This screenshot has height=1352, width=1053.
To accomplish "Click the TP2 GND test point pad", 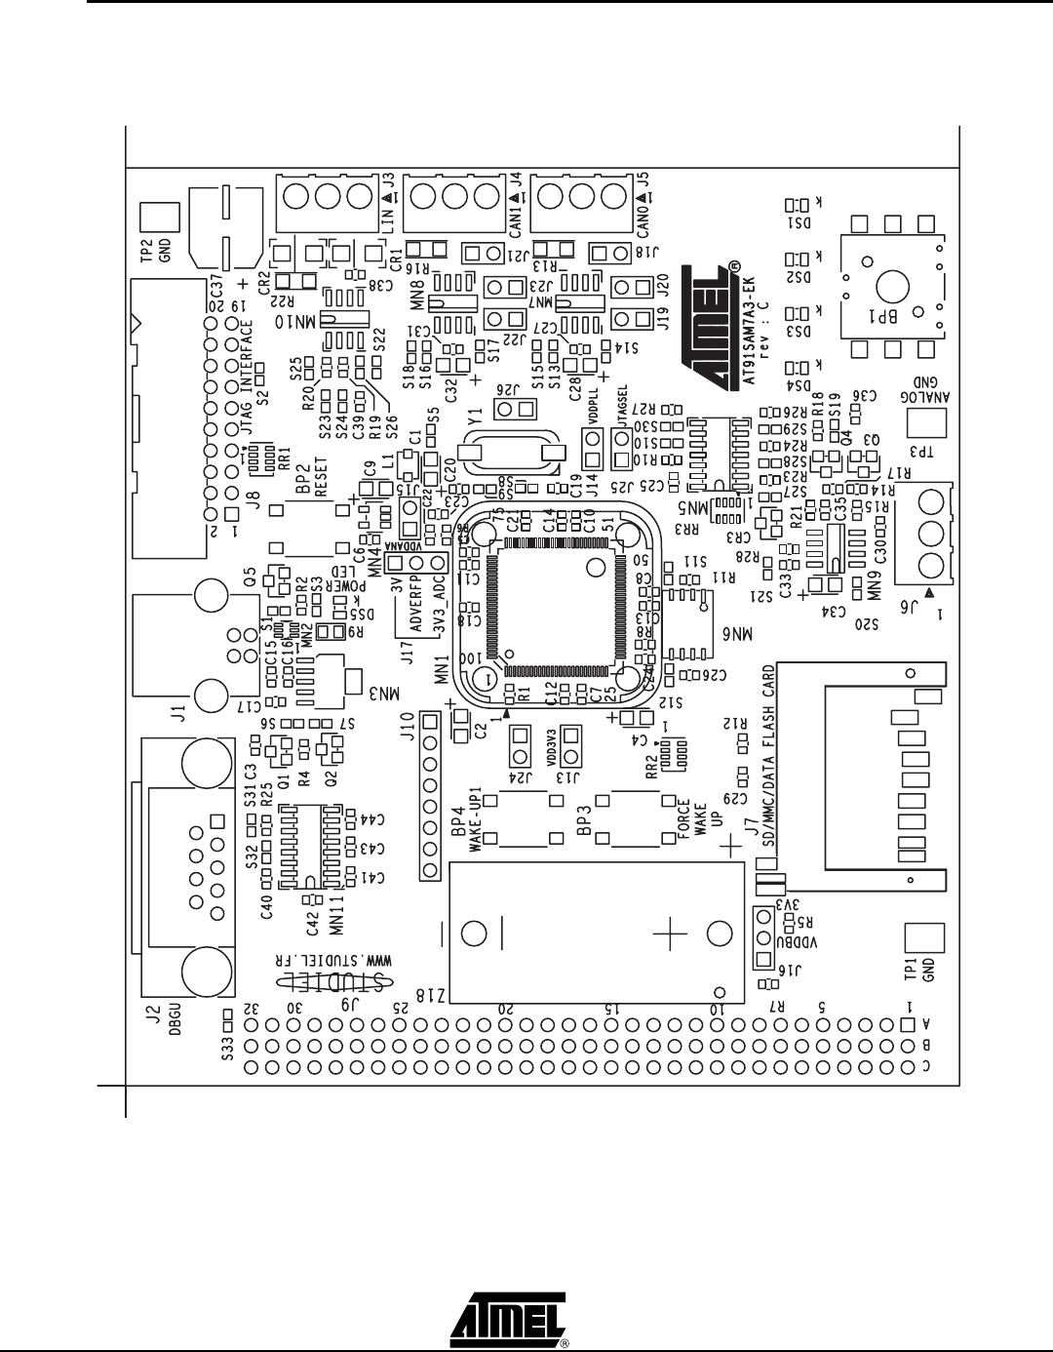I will click(158, 218).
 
